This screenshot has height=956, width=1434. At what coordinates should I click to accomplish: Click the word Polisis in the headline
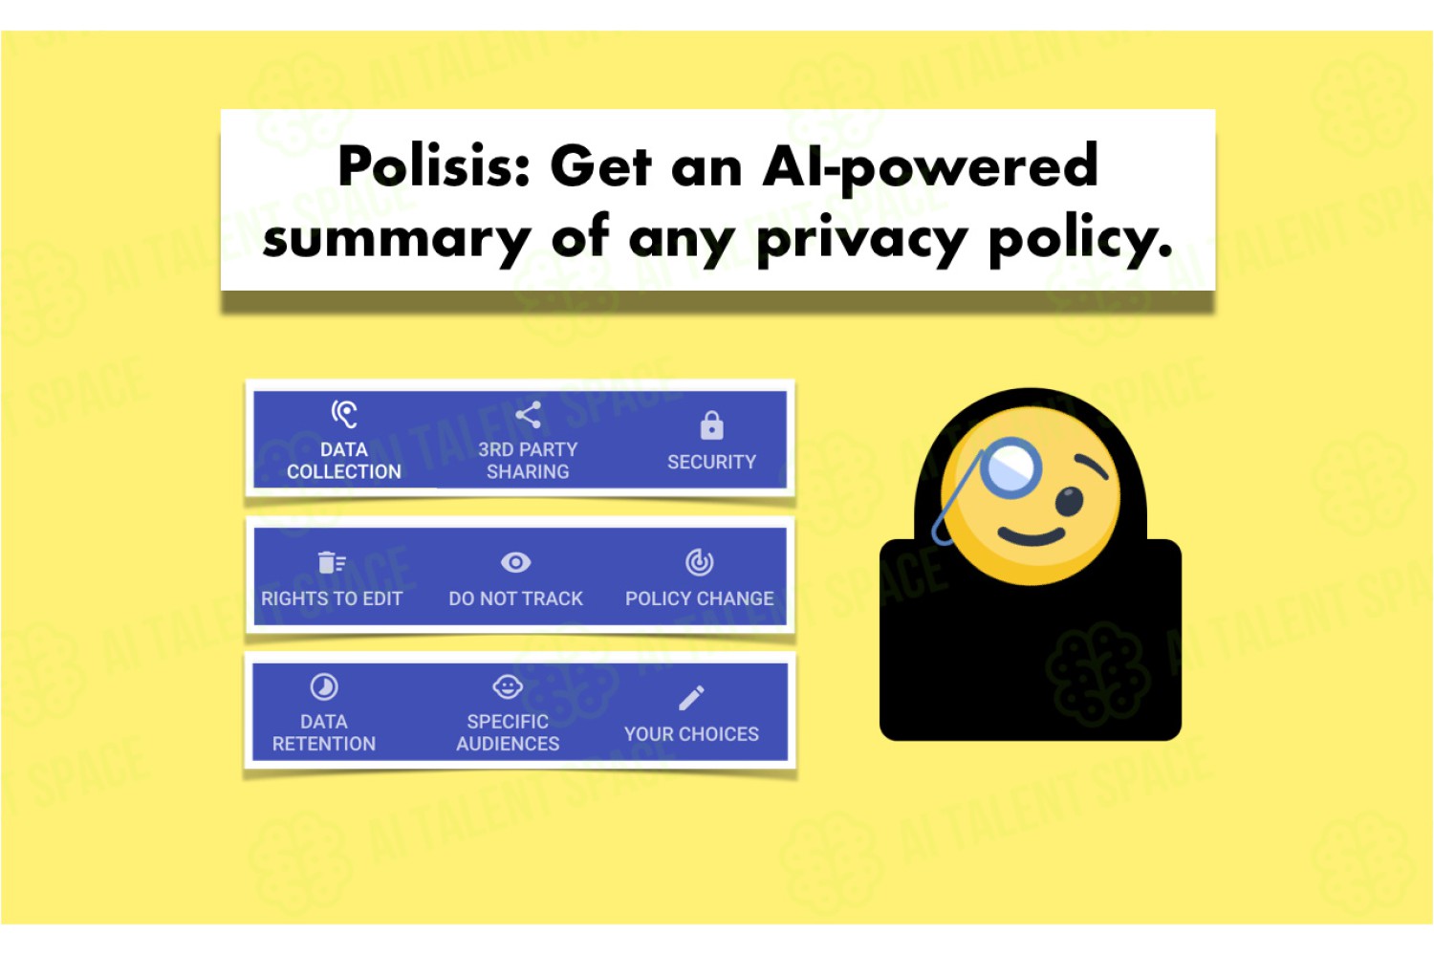click(434, 165)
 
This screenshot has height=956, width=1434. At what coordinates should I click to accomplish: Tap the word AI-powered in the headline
click(930, 167)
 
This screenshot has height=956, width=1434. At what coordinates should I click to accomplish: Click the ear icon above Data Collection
click(344, 414)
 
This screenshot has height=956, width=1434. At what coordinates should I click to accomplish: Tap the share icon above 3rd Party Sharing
click(528, 415)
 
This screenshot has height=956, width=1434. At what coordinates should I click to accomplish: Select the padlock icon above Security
click(711, 425)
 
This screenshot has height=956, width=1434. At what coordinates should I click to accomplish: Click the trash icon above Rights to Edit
click(332, 562)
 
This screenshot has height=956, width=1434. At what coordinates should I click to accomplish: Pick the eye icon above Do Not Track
click(515, 562)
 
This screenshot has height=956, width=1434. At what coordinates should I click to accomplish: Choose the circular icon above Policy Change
click(699, 562)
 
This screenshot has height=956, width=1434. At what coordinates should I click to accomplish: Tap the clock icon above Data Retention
click(324, 687)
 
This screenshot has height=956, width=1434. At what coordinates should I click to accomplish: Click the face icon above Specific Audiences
click(508, 686)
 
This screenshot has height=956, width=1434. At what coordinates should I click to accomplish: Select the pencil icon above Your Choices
click(691, 698)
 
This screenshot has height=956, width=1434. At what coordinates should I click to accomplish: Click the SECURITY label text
click(711, 462)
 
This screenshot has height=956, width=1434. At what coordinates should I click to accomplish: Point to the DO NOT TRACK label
click(515, 598)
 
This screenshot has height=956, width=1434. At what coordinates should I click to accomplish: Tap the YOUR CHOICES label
click(691, 734)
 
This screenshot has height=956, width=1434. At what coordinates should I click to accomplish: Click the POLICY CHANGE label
click(699, 598)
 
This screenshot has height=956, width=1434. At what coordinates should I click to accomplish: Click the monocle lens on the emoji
click(1010, 468)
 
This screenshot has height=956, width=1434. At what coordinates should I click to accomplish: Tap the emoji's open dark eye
click(1069, 501)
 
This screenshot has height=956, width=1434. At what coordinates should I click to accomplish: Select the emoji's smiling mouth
click(1031, 536)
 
